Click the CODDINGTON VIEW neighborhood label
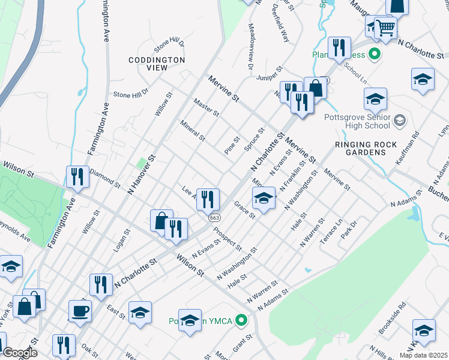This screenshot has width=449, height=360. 157,64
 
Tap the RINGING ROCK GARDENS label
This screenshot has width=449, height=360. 368,148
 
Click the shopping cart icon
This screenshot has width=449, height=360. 385,27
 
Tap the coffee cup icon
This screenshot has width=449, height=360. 80,311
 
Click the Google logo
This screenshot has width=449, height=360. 20,353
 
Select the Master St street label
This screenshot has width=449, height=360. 206,107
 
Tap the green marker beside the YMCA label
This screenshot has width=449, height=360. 242,320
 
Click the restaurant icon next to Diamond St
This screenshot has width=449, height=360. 77,176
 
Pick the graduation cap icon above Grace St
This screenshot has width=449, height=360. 264,198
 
